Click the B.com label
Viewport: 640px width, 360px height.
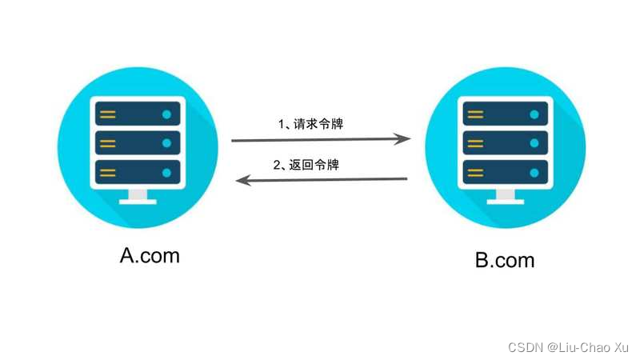[x=504, y=260]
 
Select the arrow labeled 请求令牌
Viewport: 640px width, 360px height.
[x=320, y=140]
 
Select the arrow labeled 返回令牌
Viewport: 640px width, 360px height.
[x=320, y=180]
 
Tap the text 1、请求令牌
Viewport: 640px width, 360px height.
[x=310, y=124]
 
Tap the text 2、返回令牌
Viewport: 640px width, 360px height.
[x=306, y=166]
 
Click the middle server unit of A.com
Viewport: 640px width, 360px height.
[x=138, y=144]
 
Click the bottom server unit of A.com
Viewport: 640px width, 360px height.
[x=138, y=173]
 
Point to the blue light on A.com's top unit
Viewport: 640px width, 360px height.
[x=166, y=114]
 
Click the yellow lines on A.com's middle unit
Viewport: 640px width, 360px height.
[x=107, y=144]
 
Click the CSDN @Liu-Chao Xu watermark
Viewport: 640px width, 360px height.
[x=568, y=347]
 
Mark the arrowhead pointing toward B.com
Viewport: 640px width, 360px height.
[x=404, y=138]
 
